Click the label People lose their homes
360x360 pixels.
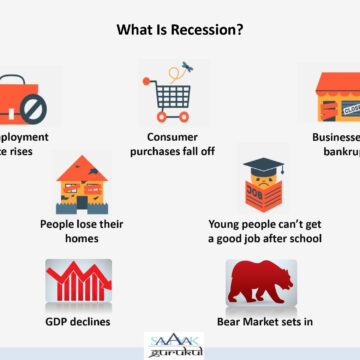coord(84,233)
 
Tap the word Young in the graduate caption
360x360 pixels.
coord(228,225)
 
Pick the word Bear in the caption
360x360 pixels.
coord(231,323)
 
